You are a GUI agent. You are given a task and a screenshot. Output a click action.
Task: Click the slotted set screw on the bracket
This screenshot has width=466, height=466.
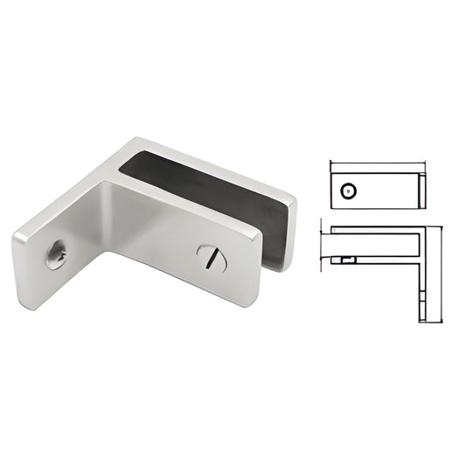(x=212, y=257)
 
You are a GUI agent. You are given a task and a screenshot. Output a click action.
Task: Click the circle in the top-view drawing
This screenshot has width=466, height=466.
(x=350, y=190)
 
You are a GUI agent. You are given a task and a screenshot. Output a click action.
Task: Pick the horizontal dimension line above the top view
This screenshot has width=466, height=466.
(x=377, y=163)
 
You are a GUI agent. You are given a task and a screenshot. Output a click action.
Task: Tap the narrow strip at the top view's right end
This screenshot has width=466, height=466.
(x=421, y=190)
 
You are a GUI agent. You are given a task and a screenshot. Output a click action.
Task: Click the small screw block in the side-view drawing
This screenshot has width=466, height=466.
(x=348, y=260)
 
